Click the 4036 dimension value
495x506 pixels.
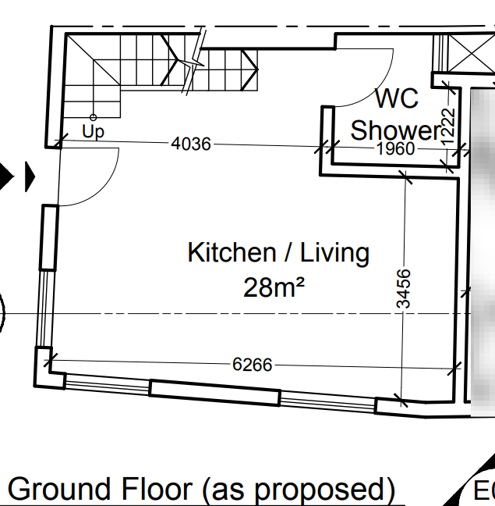pos(191,144)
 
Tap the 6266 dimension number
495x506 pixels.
pos(253,365)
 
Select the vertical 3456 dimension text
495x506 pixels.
pos(404,289)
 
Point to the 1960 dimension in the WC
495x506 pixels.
pos(396,149)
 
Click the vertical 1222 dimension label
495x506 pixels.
pos(448,126)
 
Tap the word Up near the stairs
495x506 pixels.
pos(93,131)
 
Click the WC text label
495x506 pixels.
pos(397,98)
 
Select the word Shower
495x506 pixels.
pos(396,130)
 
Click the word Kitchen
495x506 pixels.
pos(232,252)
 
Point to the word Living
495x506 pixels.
pos(334,254)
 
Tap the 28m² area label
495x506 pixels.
pos(274,287)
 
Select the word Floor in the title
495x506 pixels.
pos(157,489)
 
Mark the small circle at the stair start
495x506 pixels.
pos(93,117)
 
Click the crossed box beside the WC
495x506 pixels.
pos(472,54)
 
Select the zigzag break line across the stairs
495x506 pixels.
pos(193,62)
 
